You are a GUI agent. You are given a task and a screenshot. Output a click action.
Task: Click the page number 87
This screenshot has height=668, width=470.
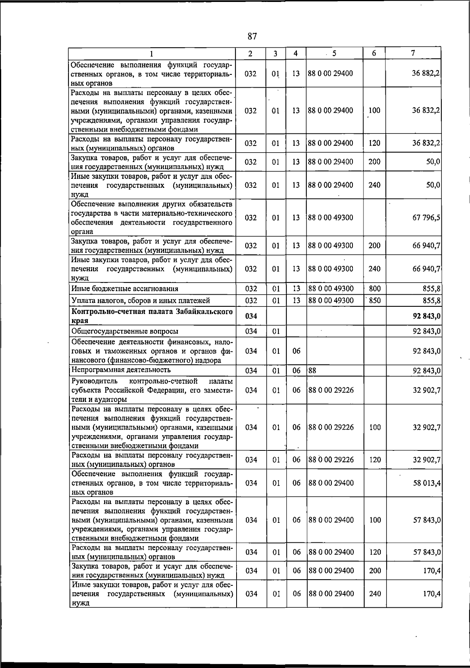[252, 36]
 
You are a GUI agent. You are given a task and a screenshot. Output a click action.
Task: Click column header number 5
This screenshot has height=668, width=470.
[334, 53]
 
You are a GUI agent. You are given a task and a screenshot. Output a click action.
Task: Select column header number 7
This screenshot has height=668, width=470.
[413, 53]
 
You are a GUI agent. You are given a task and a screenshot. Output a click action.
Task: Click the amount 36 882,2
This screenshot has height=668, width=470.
[426, 73]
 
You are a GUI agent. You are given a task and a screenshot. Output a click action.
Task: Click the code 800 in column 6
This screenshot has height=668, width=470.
[374, 289]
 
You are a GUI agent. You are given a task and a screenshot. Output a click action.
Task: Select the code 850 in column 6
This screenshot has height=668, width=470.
[374, 300]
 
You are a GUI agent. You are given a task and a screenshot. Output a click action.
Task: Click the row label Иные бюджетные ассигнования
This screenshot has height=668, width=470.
[125, 289]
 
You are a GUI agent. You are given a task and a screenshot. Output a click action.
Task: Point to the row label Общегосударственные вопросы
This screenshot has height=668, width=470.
[125, 331]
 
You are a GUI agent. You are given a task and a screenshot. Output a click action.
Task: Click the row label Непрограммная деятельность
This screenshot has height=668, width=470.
[121, 370]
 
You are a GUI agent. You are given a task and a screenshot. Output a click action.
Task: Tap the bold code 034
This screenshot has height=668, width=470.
[251, 316]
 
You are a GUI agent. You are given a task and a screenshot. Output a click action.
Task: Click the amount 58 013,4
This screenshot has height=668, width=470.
[427, 483]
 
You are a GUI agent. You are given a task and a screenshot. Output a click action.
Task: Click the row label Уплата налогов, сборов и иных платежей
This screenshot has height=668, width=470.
[141, 301]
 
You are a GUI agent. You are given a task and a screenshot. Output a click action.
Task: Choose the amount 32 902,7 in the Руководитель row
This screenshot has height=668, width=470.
[427, 390]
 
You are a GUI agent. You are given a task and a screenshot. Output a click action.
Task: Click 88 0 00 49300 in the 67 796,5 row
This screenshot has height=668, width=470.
[331, 218]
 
